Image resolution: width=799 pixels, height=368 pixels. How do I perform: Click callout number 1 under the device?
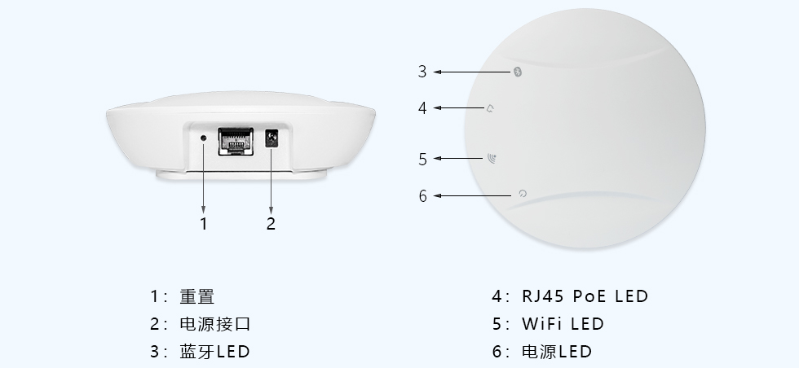(x=204, y=223)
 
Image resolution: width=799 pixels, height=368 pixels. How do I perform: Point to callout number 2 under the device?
(x=271, y=223)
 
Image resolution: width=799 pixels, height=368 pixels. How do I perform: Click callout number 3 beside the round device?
(x=422, y=72)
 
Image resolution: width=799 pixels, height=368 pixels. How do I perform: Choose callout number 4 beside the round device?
(x=422, y=107)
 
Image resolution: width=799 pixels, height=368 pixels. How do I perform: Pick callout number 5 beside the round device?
(x=422, y=160)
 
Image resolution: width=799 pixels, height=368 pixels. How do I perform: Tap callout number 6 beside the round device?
(x=422, y=196)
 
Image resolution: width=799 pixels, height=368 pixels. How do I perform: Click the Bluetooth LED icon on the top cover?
(x=519, y=72)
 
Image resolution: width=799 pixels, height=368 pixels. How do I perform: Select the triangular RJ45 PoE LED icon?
(x=490, y=107)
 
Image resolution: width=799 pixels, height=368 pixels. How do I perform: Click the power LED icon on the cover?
(x=523, y=195)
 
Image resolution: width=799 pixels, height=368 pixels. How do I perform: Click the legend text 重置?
(x=196, y=296)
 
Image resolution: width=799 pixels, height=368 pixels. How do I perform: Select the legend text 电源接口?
(x=214, y=324)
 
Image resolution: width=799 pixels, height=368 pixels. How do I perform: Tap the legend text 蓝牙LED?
(x=214, y=352)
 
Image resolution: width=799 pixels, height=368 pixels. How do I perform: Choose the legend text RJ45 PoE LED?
(x=585, y=296)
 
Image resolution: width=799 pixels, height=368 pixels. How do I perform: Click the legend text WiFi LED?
(x=563, y=324)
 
